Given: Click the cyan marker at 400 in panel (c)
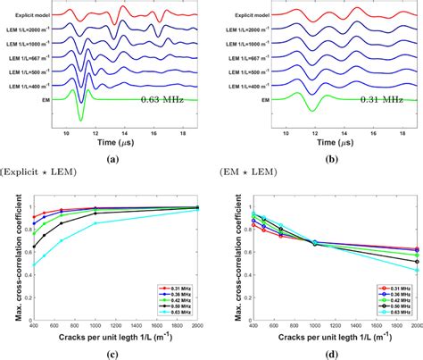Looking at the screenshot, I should (x=35, y=264).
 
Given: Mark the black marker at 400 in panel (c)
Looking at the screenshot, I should (x=35, y=247).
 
